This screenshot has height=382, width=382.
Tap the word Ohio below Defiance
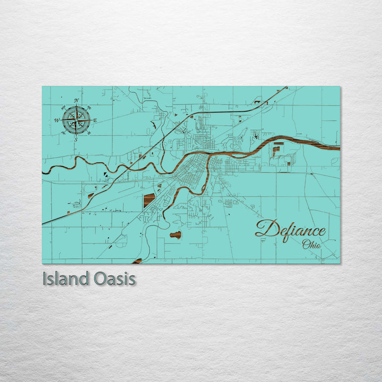click(311, 245)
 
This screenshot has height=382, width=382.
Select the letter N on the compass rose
click(76, 101)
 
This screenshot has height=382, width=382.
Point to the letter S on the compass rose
click(76, 140)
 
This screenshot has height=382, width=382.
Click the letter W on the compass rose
click(56, 120)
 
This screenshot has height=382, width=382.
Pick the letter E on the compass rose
click(95, 120)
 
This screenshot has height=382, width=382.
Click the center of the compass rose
click(76, 120)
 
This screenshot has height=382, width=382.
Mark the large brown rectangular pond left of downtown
click(149, 200)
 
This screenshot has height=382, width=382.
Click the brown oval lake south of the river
click(175, 235)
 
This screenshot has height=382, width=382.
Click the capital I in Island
click(45, 279)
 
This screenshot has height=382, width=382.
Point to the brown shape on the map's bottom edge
click(137, 261)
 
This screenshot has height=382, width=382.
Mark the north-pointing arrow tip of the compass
click(76, 106)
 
